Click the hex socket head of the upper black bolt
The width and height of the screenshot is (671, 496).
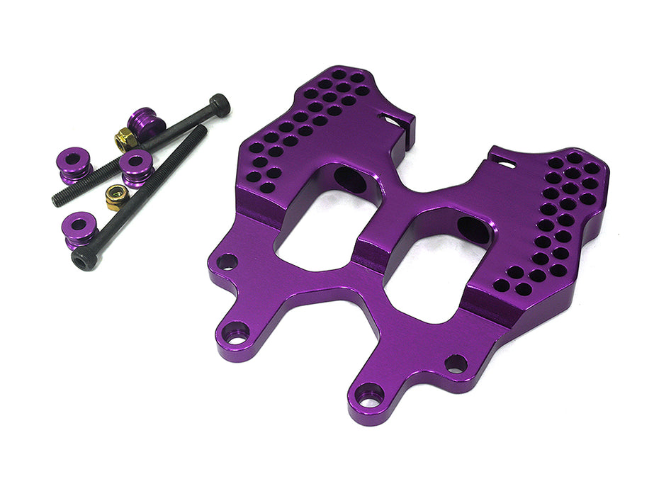coord(220,106)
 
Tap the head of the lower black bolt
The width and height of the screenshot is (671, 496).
coord(84,261)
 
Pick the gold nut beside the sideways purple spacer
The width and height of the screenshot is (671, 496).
coord(125,140)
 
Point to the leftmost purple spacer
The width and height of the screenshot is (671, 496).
coord(74,162)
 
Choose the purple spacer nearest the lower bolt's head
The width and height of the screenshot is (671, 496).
coord(81,231)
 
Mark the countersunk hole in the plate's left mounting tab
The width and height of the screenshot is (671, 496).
coord(236,332)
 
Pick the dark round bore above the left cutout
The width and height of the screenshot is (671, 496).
coord(350,181)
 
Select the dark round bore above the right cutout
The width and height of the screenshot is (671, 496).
coord(473,230)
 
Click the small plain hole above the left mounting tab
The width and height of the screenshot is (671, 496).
coord(227,262)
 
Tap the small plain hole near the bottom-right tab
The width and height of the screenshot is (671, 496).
coord(456,364)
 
